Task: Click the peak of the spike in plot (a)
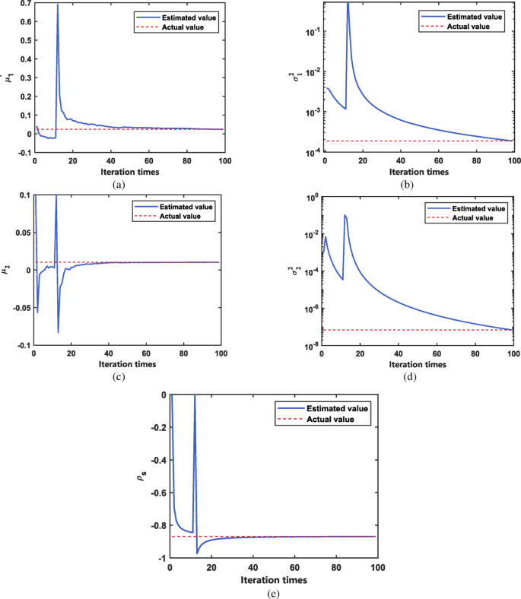point(57,5)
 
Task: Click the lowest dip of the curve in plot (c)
point(58,332)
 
